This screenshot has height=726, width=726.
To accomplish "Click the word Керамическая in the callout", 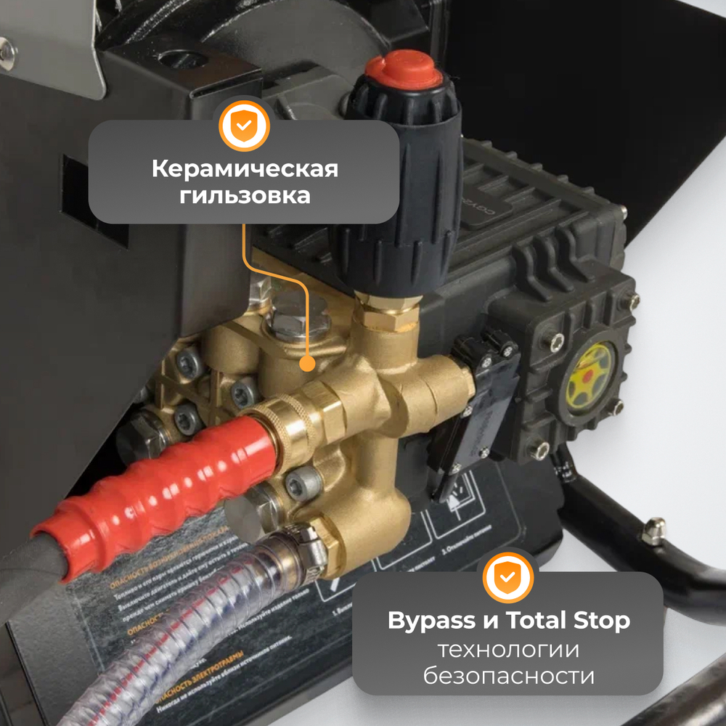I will point(245,169).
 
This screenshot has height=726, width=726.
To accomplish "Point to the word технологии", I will point(508,649).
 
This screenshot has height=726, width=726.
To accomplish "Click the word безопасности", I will point(508,677).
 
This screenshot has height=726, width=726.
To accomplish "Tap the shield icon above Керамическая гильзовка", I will point(245,126).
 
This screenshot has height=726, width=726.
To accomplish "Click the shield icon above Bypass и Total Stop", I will point(508,577).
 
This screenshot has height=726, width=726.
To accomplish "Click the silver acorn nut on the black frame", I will point(654,531).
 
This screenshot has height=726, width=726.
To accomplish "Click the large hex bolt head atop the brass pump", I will point(292,323).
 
